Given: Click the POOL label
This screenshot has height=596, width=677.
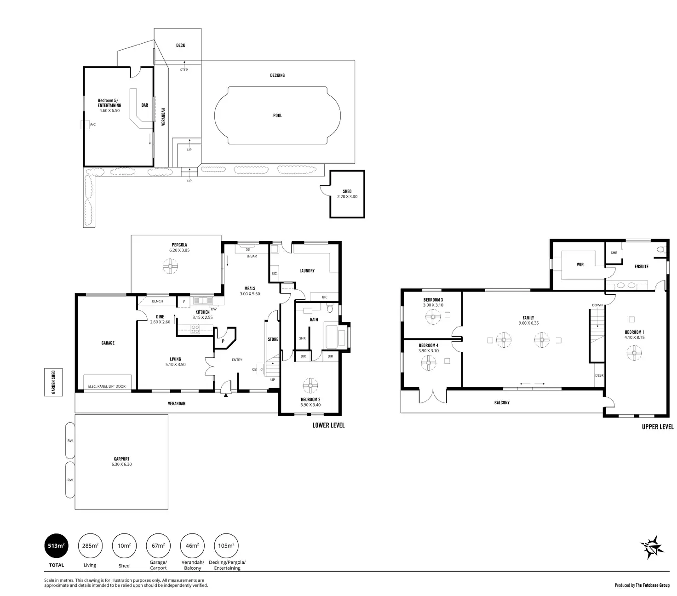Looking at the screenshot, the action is [277, 115].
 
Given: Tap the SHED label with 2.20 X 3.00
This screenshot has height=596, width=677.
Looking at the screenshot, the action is [347, 194].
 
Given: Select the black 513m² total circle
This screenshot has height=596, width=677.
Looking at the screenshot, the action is [56, 546].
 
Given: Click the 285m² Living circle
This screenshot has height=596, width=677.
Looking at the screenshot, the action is [90, 546].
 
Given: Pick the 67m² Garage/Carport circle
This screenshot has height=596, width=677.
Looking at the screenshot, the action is [158, 546].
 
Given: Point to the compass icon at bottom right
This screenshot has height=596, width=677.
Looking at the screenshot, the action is [652, 547].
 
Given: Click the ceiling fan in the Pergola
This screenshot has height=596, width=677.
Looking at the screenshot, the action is [170, 266].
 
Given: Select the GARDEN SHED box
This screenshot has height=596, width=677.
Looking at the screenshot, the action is [53, 382].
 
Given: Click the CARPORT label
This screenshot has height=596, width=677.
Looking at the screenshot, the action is [122, 459].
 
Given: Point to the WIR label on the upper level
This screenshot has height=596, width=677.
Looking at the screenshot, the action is [580, 264].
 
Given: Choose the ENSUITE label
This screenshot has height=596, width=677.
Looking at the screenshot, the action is [641, 266].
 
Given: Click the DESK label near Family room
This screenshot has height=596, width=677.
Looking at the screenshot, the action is [599, 375].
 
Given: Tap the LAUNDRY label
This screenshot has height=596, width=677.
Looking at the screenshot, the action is [307, 271].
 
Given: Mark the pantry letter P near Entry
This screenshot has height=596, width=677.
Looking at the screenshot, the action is [223, 341].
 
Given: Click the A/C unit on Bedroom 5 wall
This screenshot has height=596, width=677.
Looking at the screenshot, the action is [85, 124].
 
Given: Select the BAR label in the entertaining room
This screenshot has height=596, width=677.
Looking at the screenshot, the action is [145, 105].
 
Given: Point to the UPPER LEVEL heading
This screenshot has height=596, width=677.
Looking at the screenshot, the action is [658, 427].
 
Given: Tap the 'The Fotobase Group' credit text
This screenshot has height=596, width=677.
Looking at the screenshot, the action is [652, 585].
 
